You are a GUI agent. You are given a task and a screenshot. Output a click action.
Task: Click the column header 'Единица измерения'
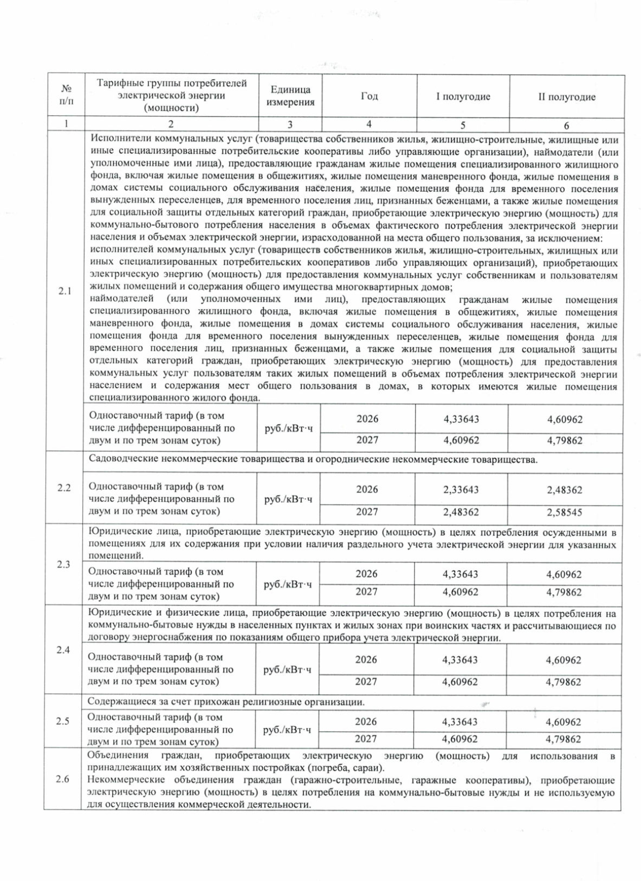[291, 97]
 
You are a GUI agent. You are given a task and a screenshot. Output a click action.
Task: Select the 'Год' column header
[369, 97]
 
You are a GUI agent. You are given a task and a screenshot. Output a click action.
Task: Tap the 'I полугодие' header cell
[463, 97]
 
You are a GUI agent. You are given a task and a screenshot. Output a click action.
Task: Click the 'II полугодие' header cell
[567, 97]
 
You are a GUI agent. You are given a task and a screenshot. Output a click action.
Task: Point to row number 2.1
[65, 292]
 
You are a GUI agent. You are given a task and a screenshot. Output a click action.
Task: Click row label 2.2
[64, 488]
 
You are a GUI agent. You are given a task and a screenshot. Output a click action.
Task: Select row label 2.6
[62, 780]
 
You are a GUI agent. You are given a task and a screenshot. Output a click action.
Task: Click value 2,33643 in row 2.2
[461, 490]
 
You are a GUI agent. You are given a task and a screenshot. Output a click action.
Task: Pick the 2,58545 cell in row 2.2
[565, 513]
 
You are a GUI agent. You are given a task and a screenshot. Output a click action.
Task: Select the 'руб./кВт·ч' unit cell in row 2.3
[288, 585]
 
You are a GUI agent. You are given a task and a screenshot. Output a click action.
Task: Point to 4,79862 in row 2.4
[564, 682]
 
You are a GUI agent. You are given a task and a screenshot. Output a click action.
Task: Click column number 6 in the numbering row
[566, 125]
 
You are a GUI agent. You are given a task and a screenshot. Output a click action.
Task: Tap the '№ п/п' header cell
[66, 97]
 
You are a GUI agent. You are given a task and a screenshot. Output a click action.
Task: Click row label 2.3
[64, 565]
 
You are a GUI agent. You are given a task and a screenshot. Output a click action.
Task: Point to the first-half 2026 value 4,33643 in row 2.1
[461, 419]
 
